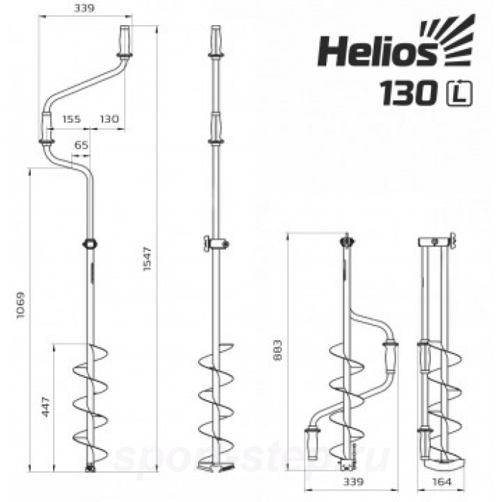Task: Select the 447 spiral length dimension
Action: (47, 406)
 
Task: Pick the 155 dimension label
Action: (70, 119)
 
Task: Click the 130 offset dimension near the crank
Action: (108, 119)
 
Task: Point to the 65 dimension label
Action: (81, 146)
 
